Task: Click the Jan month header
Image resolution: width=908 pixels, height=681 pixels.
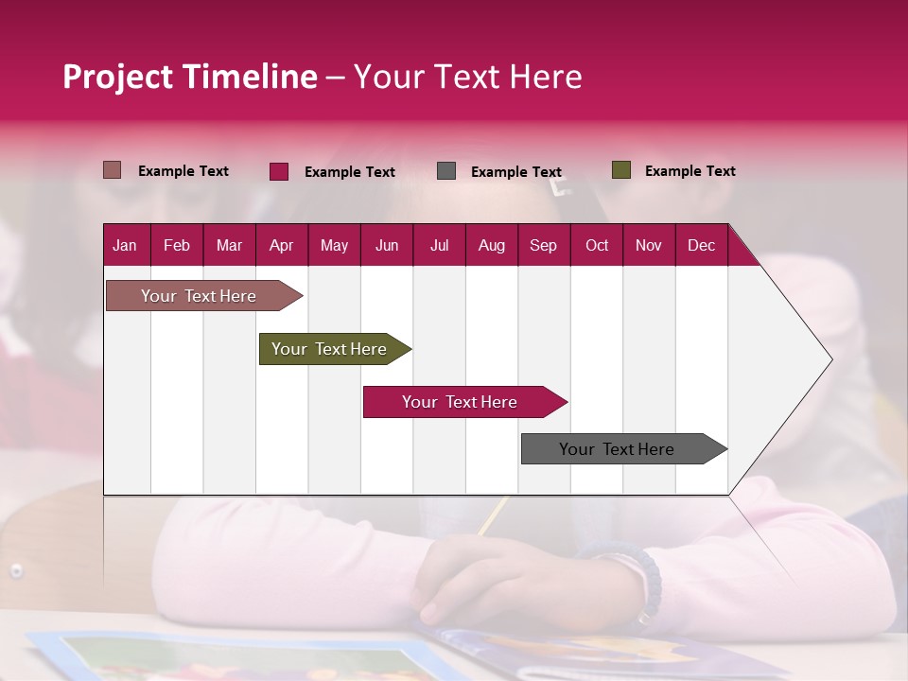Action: tap(125, 245)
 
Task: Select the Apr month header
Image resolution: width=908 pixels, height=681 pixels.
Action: tap(281, 245)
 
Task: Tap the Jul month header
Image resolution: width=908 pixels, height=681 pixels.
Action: tap(439, 245)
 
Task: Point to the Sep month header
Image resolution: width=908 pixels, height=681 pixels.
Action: tap(543, 245)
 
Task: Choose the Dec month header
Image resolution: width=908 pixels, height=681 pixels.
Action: tap(701, 245)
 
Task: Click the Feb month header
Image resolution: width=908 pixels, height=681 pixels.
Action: tap(177, 245)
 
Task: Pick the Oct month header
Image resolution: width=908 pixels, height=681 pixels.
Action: tap(596, 245)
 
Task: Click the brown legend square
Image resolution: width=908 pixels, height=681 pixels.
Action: tap(113, 170)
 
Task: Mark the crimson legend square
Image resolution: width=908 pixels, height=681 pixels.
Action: tap(279, 171)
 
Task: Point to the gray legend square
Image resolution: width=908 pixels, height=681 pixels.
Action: tap(446, 170)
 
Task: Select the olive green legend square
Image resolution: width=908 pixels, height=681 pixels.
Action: tap(621, 170)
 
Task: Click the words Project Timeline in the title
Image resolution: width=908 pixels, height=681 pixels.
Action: tap(190, 77)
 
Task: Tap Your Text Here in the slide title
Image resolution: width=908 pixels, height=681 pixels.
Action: tap(467, 77)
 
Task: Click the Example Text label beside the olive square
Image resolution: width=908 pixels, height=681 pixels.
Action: tap(690, 171)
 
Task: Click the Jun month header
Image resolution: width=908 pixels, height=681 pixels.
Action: tap(387, 245)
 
